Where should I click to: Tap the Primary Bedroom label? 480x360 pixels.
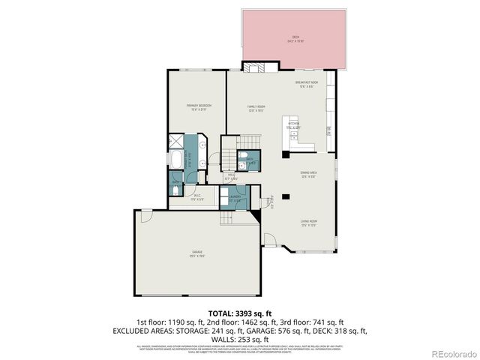pyautogui.click(x=198, y=106)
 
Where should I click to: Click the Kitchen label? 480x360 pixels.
pyautogui.click(x=292, y=124)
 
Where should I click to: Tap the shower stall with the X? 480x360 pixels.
pyautogui.click(x=176, y=140)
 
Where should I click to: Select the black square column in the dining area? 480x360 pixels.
pyautogui.click(x=285, y=154)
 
